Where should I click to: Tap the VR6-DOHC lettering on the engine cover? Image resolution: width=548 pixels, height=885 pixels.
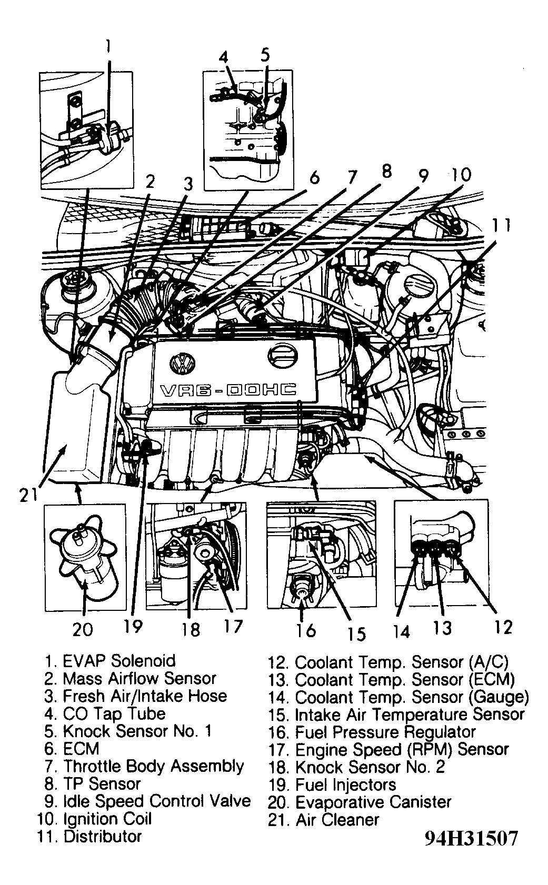coord(227,390)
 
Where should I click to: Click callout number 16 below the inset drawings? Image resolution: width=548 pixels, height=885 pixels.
coord(305,629)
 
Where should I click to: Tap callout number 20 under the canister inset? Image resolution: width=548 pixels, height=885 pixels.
coord(83,628)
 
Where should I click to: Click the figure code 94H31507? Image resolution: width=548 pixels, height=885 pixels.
coord(471,838)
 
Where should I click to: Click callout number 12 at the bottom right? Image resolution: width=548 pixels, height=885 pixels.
coord(503,627)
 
